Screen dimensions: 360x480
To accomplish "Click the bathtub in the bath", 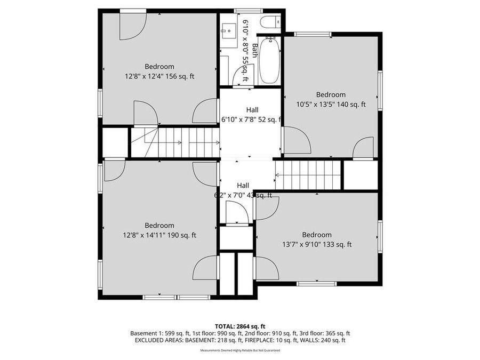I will [269, 60].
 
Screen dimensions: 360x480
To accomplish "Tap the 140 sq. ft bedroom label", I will [331, 100].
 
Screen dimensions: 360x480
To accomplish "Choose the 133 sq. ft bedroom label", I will [317, 240].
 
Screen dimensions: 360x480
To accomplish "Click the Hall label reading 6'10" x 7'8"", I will [251, 115].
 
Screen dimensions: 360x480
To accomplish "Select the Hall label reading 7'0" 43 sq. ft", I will [243, 190].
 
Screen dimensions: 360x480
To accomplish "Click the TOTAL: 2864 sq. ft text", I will [239, 326].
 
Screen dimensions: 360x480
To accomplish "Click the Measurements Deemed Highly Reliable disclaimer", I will [239, 350].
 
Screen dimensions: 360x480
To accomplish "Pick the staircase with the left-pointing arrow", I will [308, 174].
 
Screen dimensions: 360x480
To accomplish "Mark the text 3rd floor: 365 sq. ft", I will [326, 333].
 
